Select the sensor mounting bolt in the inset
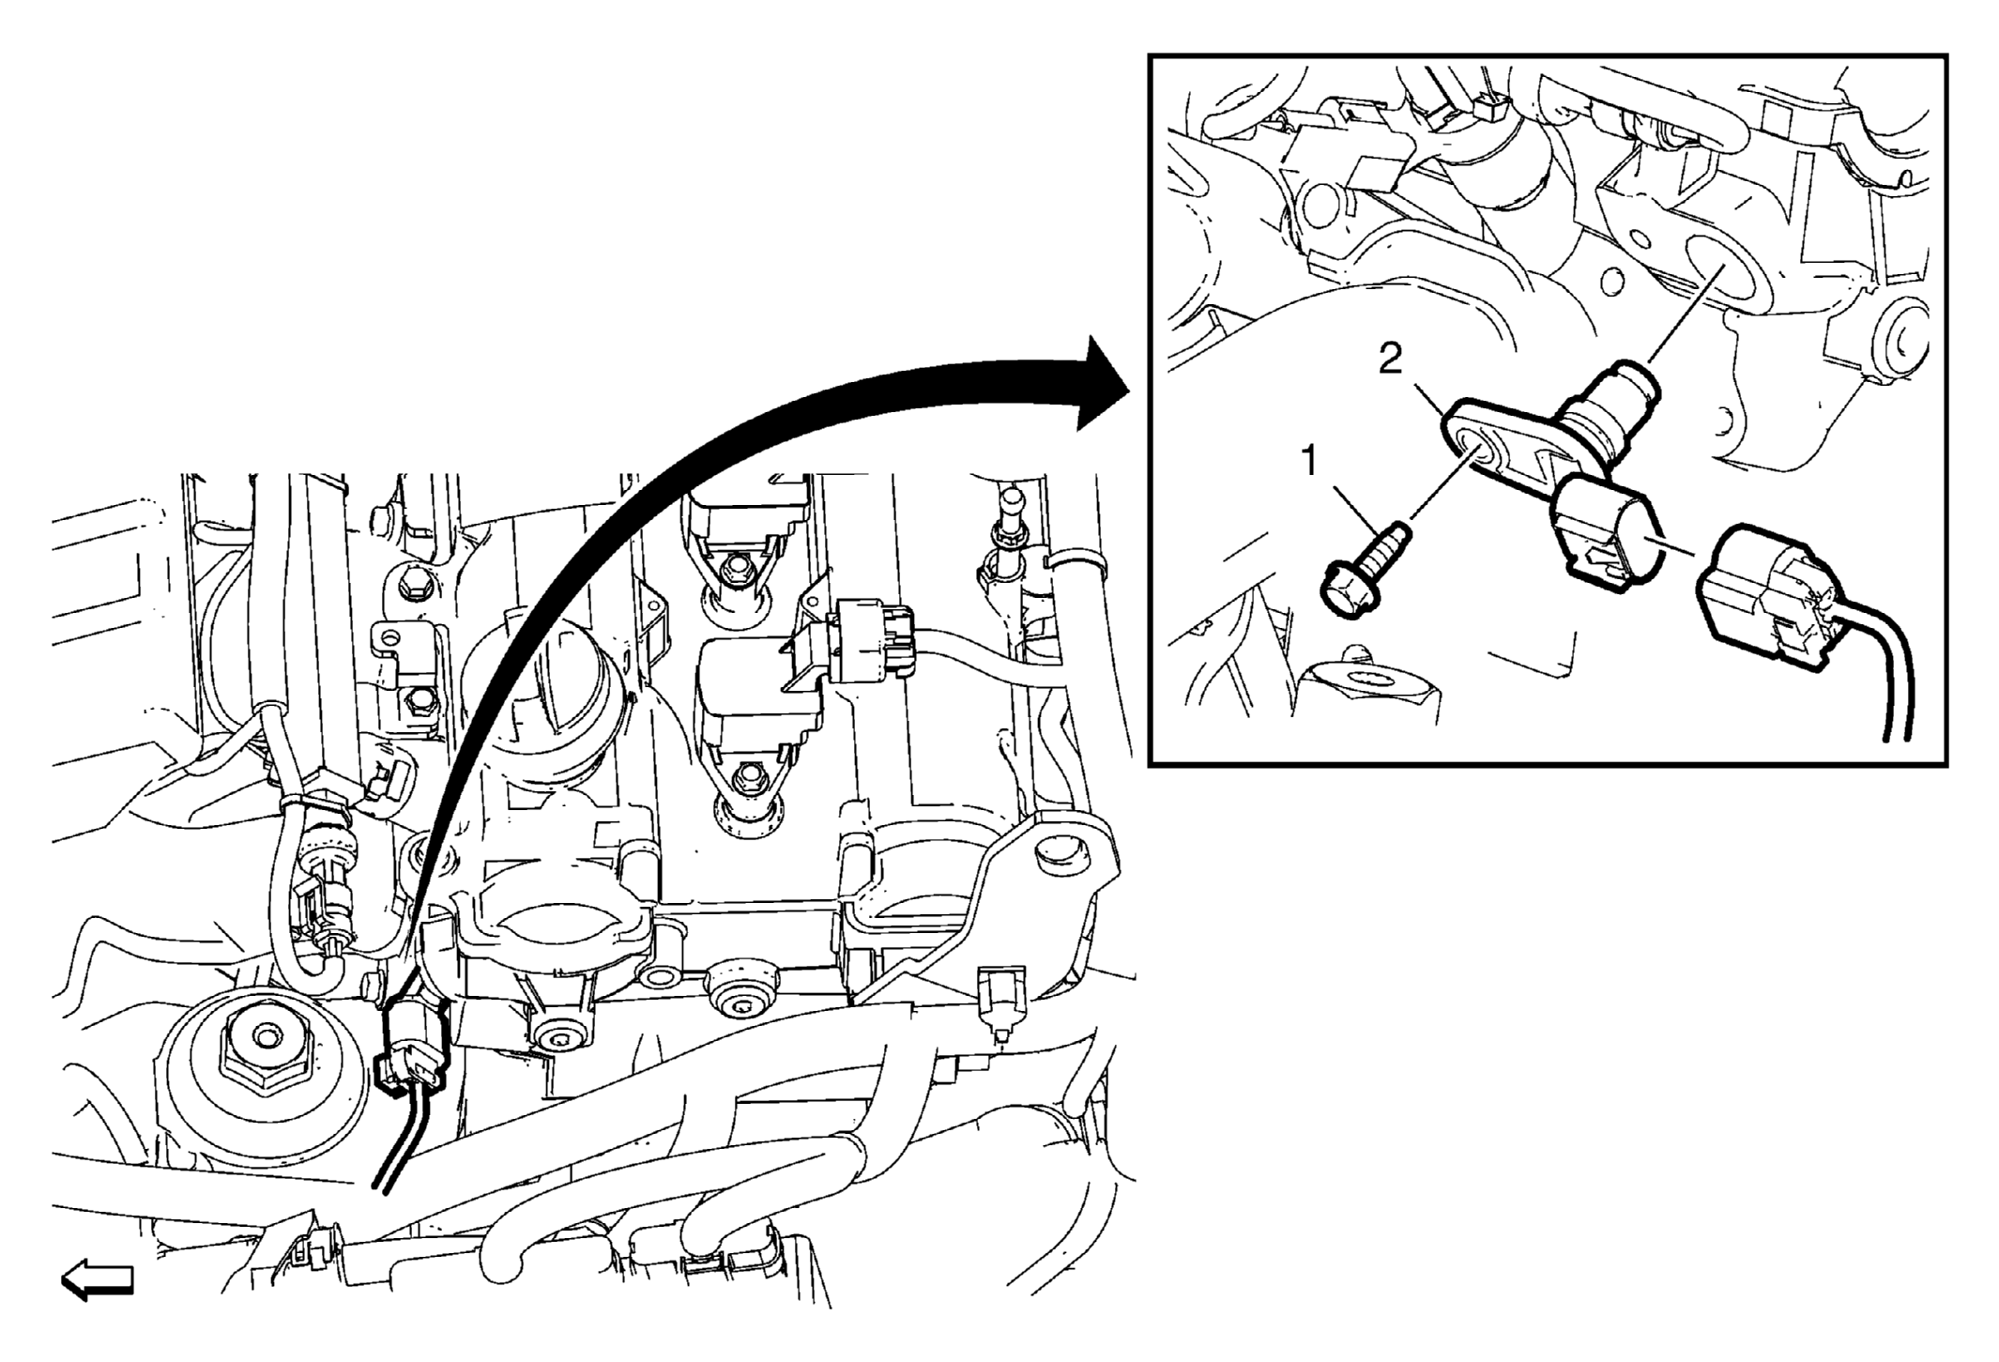click(1366, 572)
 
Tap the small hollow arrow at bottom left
click(98, 1280)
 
